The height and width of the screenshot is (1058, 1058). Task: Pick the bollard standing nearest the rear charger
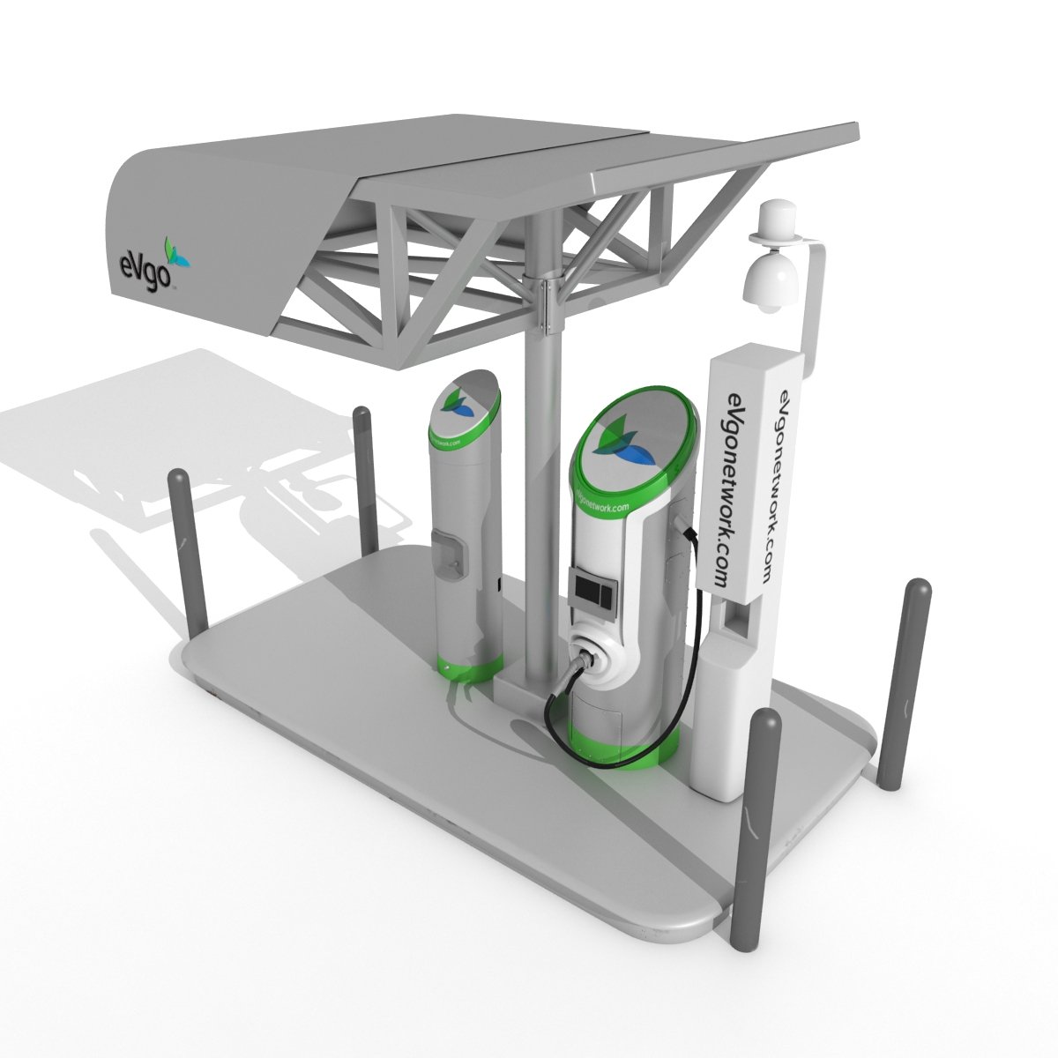tap(364, 481)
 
